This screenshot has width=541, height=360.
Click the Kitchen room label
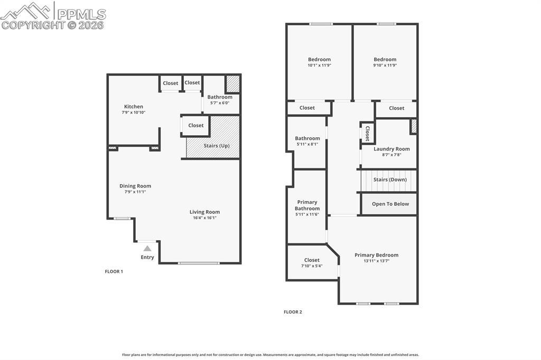(133, 107)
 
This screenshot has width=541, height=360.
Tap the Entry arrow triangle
(147, 248)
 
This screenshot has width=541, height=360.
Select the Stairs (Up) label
(217, 146)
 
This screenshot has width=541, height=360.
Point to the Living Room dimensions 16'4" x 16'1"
(204, 217)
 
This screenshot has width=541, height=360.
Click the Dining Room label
(135, 186)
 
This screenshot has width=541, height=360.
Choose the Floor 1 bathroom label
(219, 97)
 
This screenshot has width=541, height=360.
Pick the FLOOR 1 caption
(114, 271)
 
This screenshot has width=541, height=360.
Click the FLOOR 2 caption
(293, 312)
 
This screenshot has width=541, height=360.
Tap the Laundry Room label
(391, 149)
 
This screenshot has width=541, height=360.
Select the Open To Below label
(390, 204)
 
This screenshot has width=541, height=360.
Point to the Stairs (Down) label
(390, 179)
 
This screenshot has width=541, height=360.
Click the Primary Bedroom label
(376, 255)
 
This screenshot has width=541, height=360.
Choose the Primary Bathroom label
(307, 205)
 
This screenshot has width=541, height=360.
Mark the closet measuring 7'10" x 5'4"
(312, 266)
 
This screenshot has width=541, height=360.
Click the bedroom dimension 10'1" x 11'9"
(319, 65)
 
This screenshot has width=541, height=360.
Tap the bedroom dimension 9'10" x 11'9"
(385, 65)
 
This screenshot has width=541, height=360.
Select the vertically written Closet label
(367, 133)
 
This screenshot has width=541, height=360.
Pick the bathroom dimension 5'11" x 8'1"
(307, 144)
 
